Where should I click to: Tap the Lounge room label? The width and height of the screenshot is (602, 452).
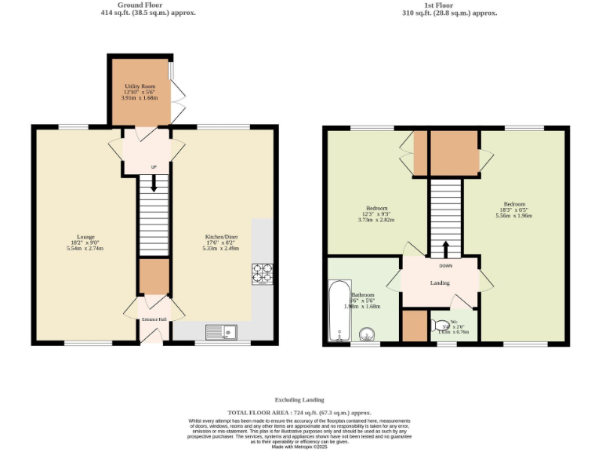point(86,236)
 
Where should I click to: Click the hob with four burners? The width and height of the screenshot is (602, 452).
point(262,273)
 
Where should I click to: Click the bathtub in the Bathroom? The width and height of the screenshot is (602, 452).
point(339,312)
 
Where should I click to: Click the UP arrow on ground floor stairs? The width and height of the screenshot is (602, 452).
point(154,183)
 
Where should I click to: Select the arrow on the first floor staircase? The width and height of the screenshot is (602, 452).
point(446,249)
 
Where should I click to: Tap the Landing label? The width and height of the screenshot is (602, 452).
point(440,282)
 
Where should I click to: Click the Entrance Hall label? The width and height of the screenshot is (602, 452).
point(153,319)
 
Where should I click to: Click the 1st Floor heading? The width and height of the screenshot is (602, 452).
point(448,5)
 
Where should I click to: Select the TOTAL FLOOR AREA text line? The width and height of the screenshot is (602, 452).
point(299,413)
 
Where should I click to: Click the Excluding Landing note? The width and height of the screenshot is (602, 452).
point(299,399)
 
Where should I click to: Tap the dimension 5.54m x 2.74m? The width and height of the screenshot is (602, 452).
point(86,249)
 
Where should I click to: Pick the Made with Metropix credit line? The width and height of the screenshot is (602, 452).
point(299,447)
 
